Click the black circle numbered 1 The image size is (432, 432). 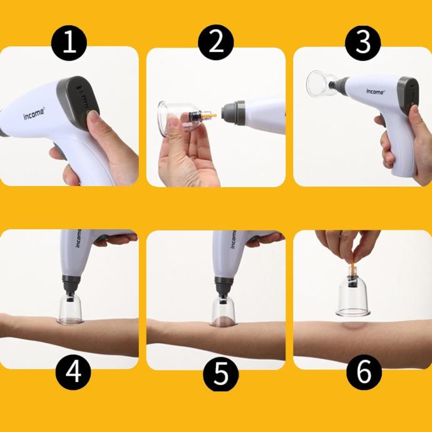point(69,43)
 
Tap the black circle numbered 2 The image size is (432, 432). point(216,42)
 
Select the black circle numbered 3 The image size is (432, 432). point(363,43)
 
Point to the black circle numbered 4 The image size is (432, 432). point(73,372)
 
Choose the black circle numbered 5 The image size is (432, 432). point(220,373)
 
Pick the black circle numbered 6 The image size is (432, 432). point(364,372)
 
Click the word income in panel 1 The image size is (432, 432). point(34,113)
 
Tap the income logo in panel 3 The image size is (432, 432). point(375,91)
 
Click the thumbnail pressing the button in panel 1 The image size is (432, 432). point(93,116)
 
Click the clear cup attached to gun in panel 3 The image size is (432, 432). point(321,84)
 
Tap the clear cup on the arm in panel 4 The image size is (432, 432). point(69,308)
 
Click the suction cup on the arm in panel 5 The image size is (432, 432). point(223,311)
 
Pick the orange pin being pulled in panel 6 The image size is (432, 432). point(352,269)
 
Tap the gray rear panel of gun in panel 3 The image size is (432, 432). point(408,95)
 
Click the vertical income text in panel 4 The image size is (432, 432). point(78,238)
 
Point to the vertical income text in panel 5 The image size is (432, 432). point(233,239)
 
